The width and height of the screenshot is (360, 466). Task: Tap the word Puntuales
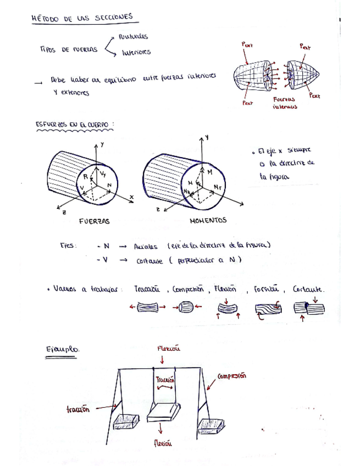click(132, 36)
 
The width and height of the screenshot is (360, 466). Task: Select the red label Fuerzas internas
click(284, 103)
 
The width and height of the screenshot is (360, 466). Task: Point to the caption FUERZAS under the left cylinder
click(94, 221)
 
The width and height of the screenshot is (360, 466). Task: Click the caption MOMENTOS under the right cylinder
click(208, 221)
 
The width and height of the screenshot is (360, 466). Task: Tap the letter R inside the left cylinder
click(86, 176)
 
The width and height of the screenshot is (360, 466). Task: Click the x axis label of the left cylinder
click(132, 196)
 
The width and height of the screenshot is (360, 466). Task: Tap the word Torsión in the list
click(267, 289)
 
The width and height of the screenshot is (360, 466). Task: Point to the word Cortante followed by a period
click(308, 289)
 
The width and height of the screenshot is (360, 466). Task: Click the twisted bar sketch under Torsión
click(269, 310)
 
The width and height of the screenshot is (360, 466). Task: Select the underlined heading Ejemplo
click(63, 349)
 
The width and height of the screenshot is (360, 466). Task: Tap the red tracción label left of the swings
click(78, 409)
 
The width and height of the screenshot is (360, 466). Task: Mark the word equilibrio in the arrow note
click(115, 80)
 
